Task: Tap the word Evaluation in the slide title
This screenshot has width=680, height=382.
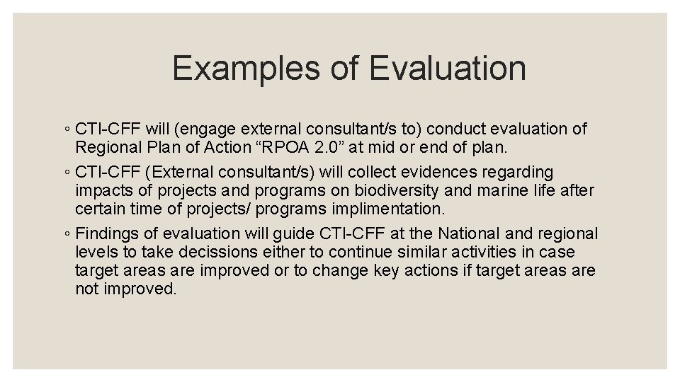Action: tap(448, 69)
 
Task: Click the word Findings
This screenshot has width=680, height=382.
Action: tap(105, 234)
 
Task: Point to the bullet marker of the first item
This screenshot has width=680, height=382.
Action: tap(65, 130)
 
